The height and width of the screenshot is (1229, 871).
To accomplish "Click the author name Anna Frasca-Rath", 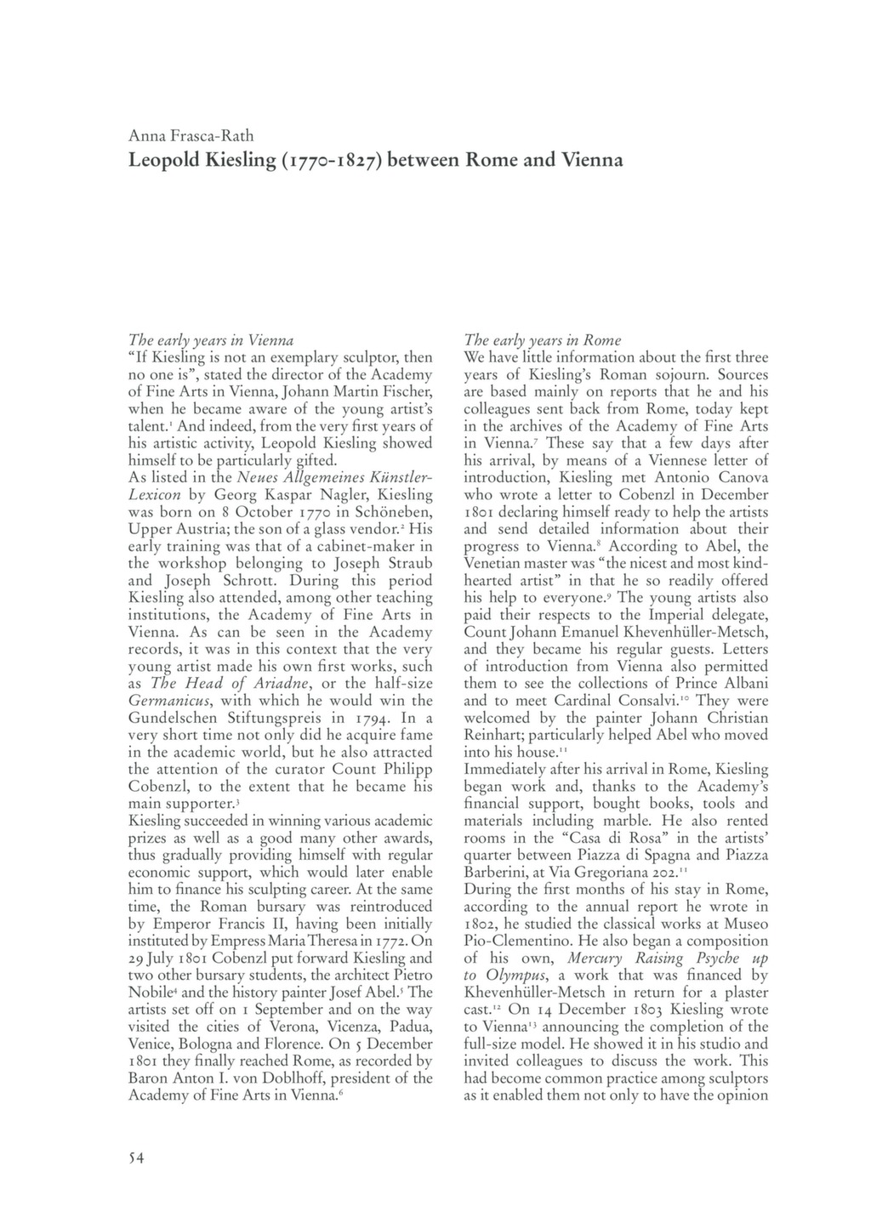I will (x=191, y=135).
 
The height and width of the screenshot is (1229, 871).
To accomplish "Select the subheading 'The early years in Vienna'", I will (x=211, y=341).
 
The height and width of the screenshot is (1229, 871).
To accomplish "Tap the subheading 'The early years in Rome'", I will (x=543, y=341).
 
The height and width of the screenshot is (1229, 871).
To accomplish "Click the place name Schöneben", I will (x=387, y=512).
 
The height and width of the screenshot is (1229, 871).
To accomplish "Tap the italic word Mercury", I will (x=597, y=958).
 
